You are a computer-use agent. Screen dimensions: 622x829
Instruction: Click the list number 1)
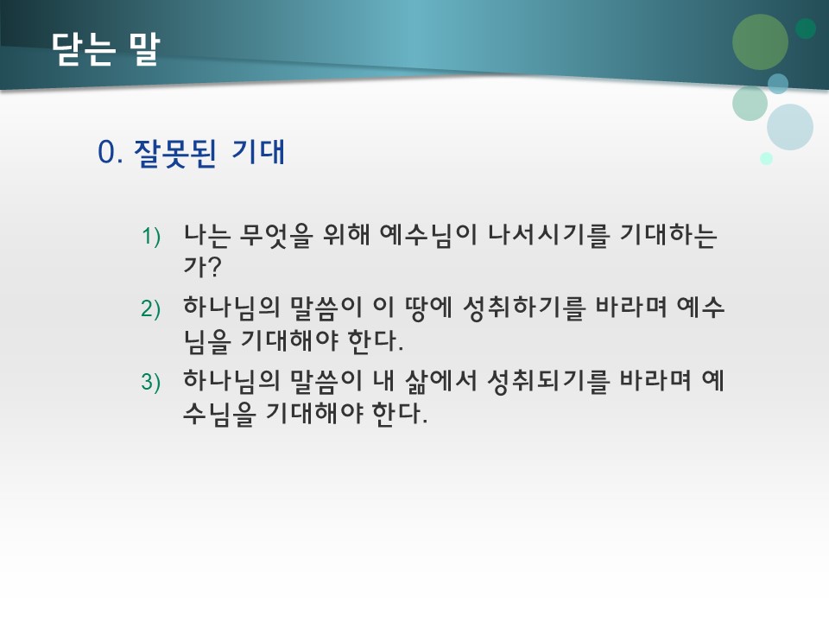pos(151,236)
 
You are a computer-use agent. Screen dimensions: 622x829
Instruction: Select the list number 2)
pos(151,309)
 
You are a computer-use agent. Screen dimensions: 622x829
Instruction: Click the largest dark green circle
pos(760,42)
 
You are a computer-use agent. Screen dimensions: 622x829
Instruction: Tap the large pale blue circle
pos(789,127)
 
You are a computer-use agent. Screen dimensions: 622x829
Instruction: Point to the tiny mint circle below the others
pos(766,158)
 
